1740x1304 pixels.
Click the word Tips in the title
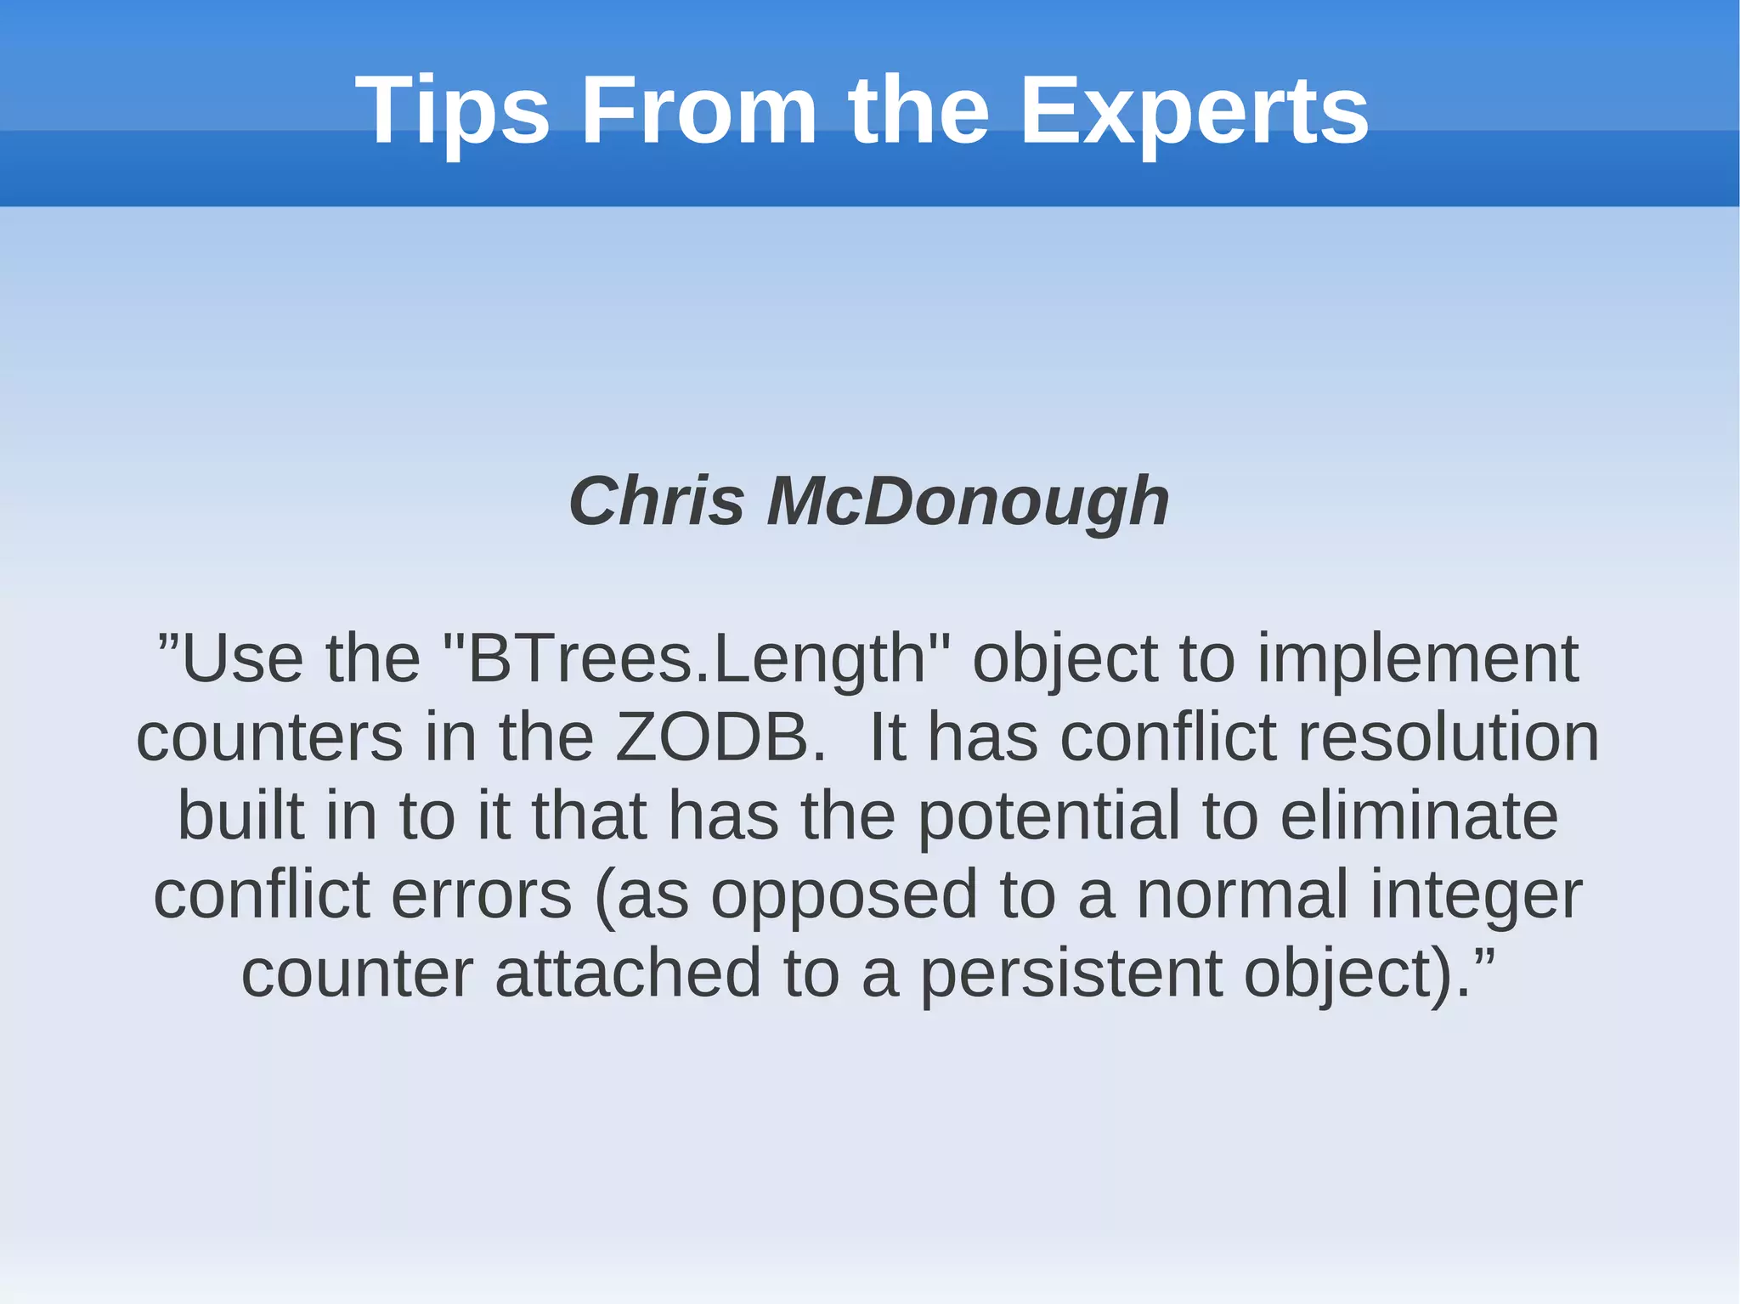point(453,110)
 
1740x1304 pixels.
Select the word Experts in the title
point(1194,110)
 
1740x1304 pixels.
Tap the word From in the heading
point(698,110)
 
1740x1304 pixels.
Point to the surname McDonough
point(968,501)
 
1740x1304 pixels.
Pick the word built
point(240,816)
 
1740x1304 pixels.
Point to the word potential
point(1049,816)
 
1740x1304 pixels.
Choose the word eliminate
point(1419,816)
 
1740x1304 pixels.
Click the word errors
point(481,895)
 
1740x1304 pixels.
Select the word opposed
point(844,895)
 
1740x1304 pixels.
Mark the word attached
point(628,974)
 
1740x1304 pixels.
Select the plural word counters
point(269,737)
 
